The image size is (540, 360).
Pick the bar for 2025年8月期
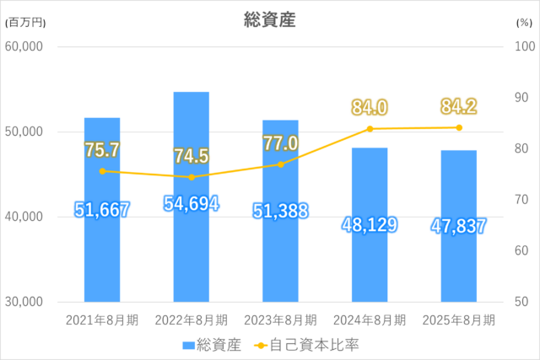(x=459, y=261)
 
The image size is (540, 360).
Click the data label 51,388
(x=281, y=211)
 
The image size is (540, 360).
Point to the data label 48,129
(x=370, y=225)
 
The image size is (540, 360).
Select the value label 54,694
(x=191, y=205)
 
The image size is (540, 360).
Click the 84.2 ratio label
(x=459, y=107)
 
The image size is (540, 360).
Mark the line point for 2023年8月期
(x=281, y=164)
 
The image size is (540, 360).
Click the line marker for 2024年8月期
(x=370, y=129)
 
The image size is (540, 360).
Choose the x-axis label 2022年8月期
(x=191, y=320)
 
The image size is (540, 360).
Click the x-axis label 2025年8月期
(x=459, y=320)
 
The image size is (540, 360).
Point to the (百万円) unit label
(x=24, y=23)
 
